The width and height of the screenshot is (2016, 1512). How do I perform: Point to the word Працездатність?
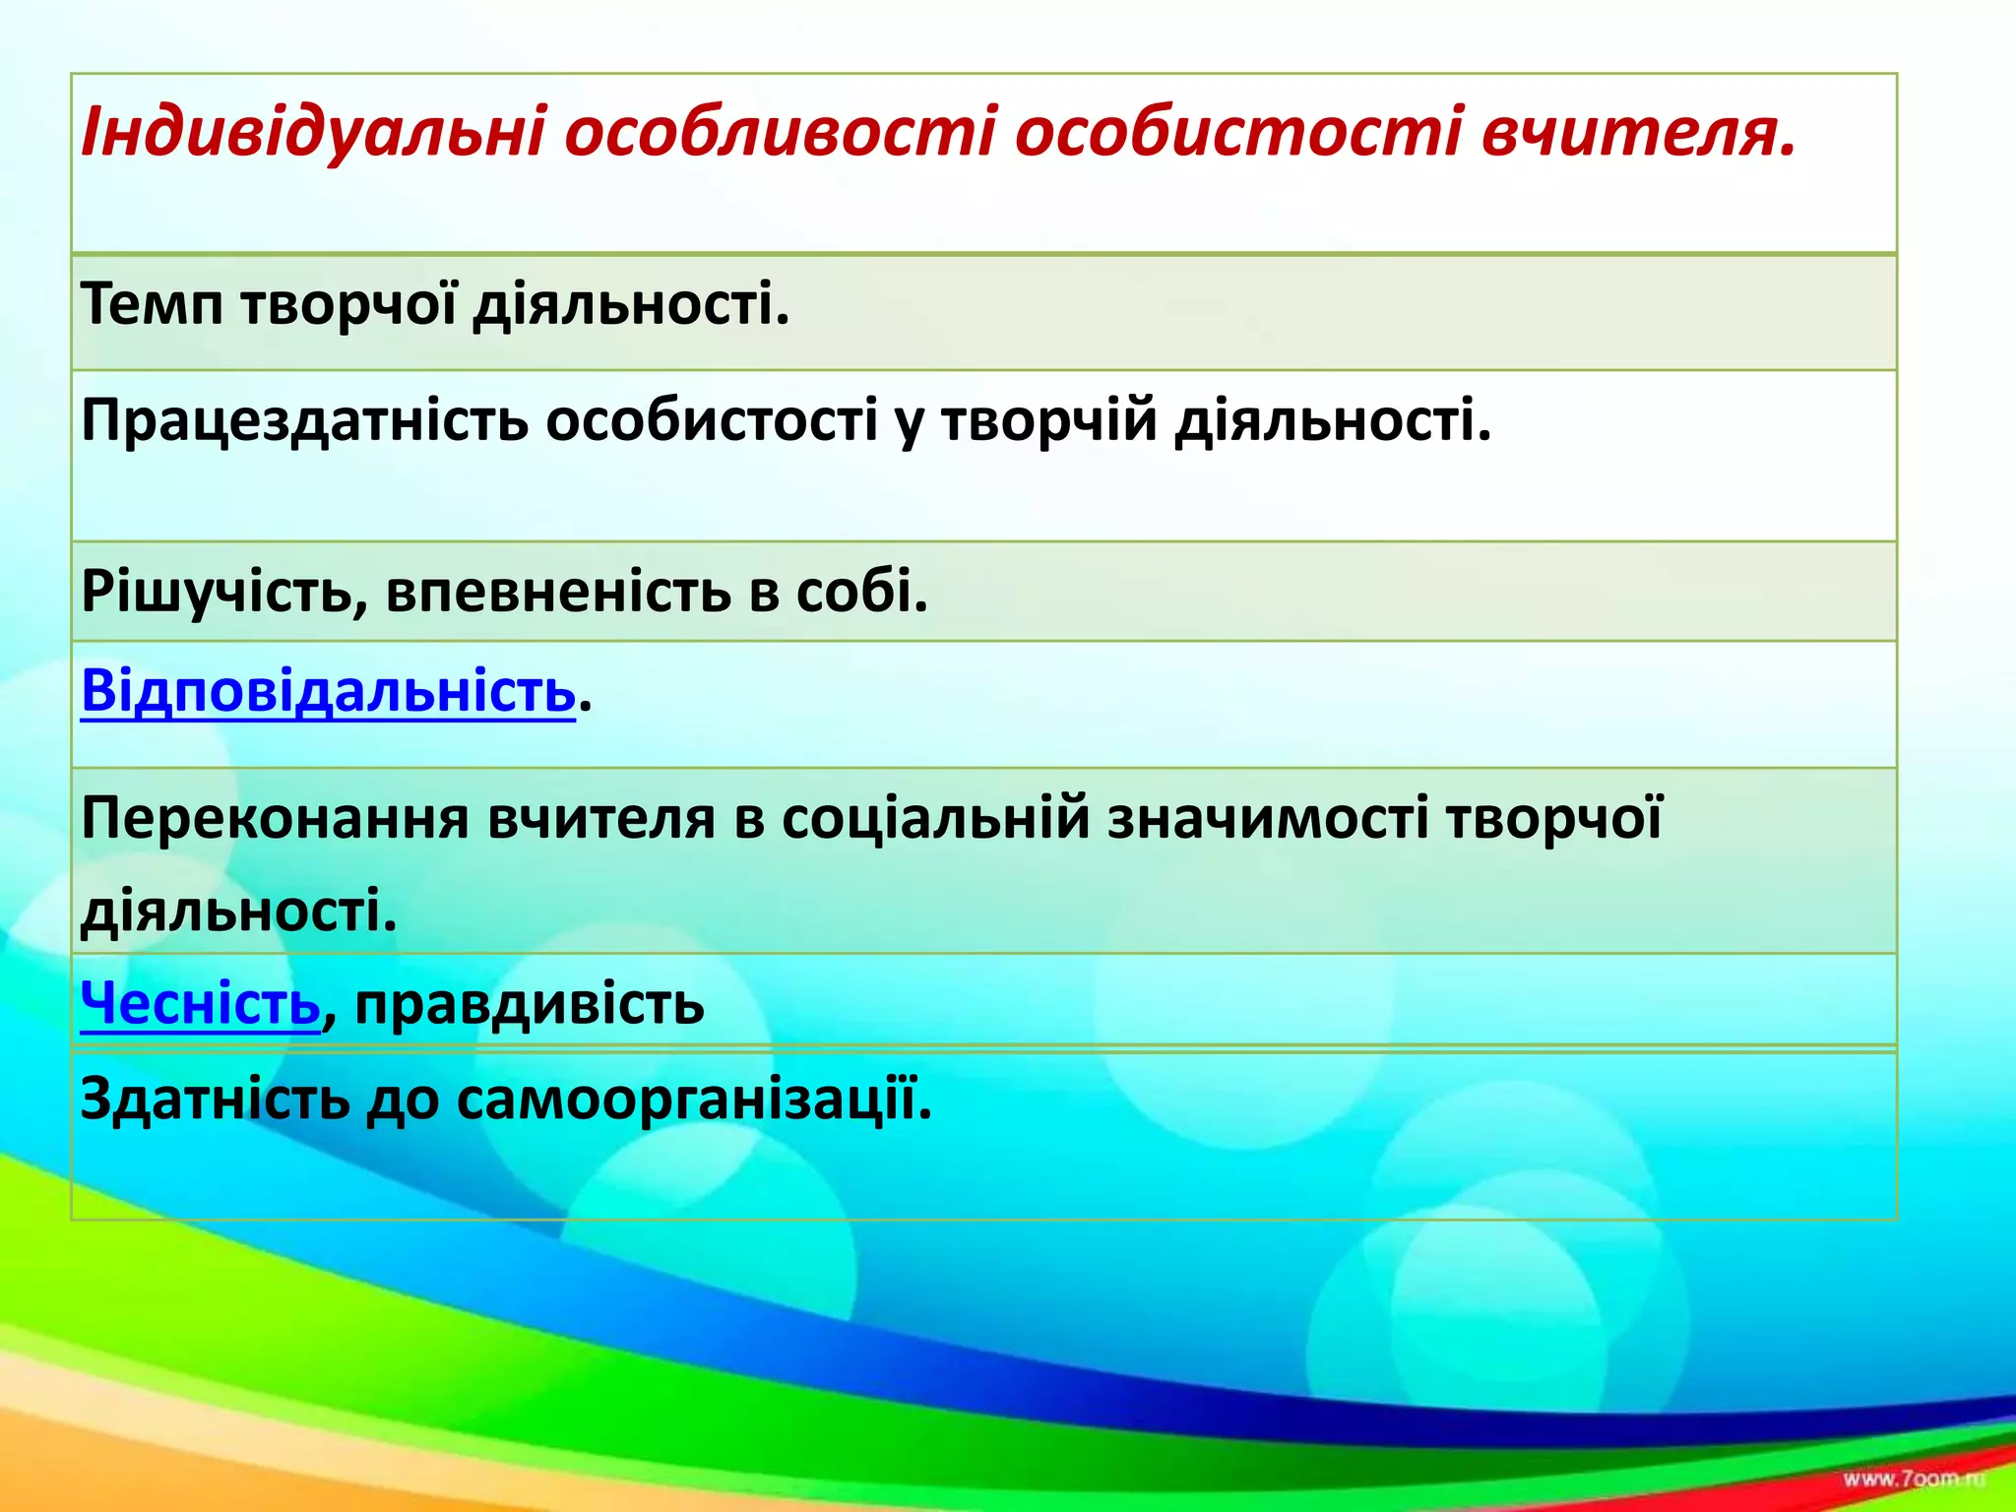pyautogui.click(x=304, y=420)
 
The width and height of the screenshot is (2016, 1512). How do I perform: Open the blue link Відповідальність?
pyautogui.click(x=328, y=690)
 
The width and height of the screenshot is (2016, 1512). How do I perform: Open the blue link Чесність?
pyautogui.click(x=200, y=1003)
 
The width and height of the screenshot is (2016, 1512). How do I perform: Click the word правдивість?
pyautogui.click(x=530, y=1005)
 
